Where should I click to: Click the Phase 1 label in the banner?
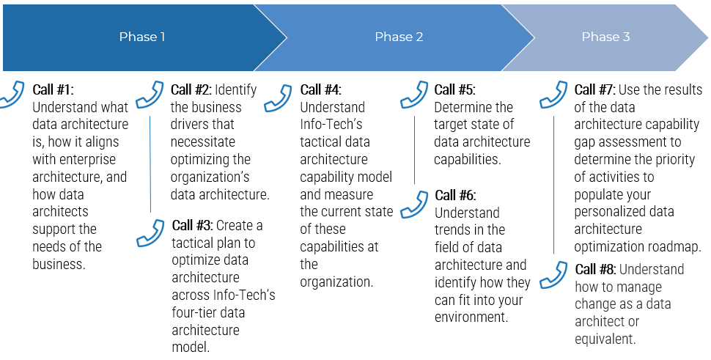pyautogui.click(x=142, y=37)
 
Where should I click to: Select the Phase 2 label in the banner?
pyautogui.click(x=399, y=37)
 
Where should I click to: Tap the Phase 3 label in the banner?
pyautogui.click(x=605, y=37)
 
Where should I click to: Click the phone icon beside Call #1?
pyautogui.click(x=11, y=95)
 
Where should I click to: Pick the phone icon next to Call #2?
pyautogui.click(x=150, y=95)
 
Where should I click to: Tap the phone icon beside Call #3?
pyautogui.click(x=150, y=233)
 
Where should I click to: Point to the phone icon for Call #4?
pyautogui.click(x=278, y=98)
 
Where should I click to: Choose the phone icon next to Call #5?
pyautogui.click(x=414, y=95)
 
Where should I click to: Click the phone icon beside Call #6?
pyautogui.click(x=414, y=205)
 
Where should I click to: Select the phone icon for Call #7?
pyautogui.click(x=553, y=95)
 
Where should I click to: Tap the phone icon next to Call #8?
pyautogui.click(x=553, y=275)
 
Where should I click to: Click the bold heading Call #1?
pyautogui.click(x=53, y=89)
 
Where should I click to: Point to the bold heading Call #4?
pyautogui.click(x=320, y=89)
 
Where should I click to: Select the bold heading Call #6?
pyautogui.click(x=455, y=196)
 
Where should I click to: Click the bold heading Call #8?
pyautogui.click(x=595, y=269)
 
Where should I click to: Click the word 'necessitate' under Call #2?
pyautogui.click(x=203, y=142)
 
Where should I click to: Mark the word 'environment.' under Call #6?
pyautogui.click(x=471, y=317)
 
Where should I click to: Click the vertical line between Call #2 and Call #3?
pyautogui.click(x=150, y=164)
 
